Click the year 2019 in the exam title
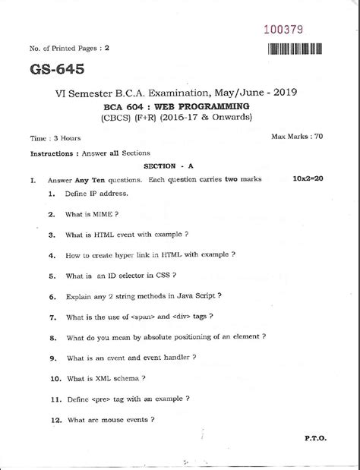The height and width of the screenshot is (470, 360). (281, 92)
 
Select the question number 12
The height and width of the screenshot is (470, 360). (54, 418)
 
